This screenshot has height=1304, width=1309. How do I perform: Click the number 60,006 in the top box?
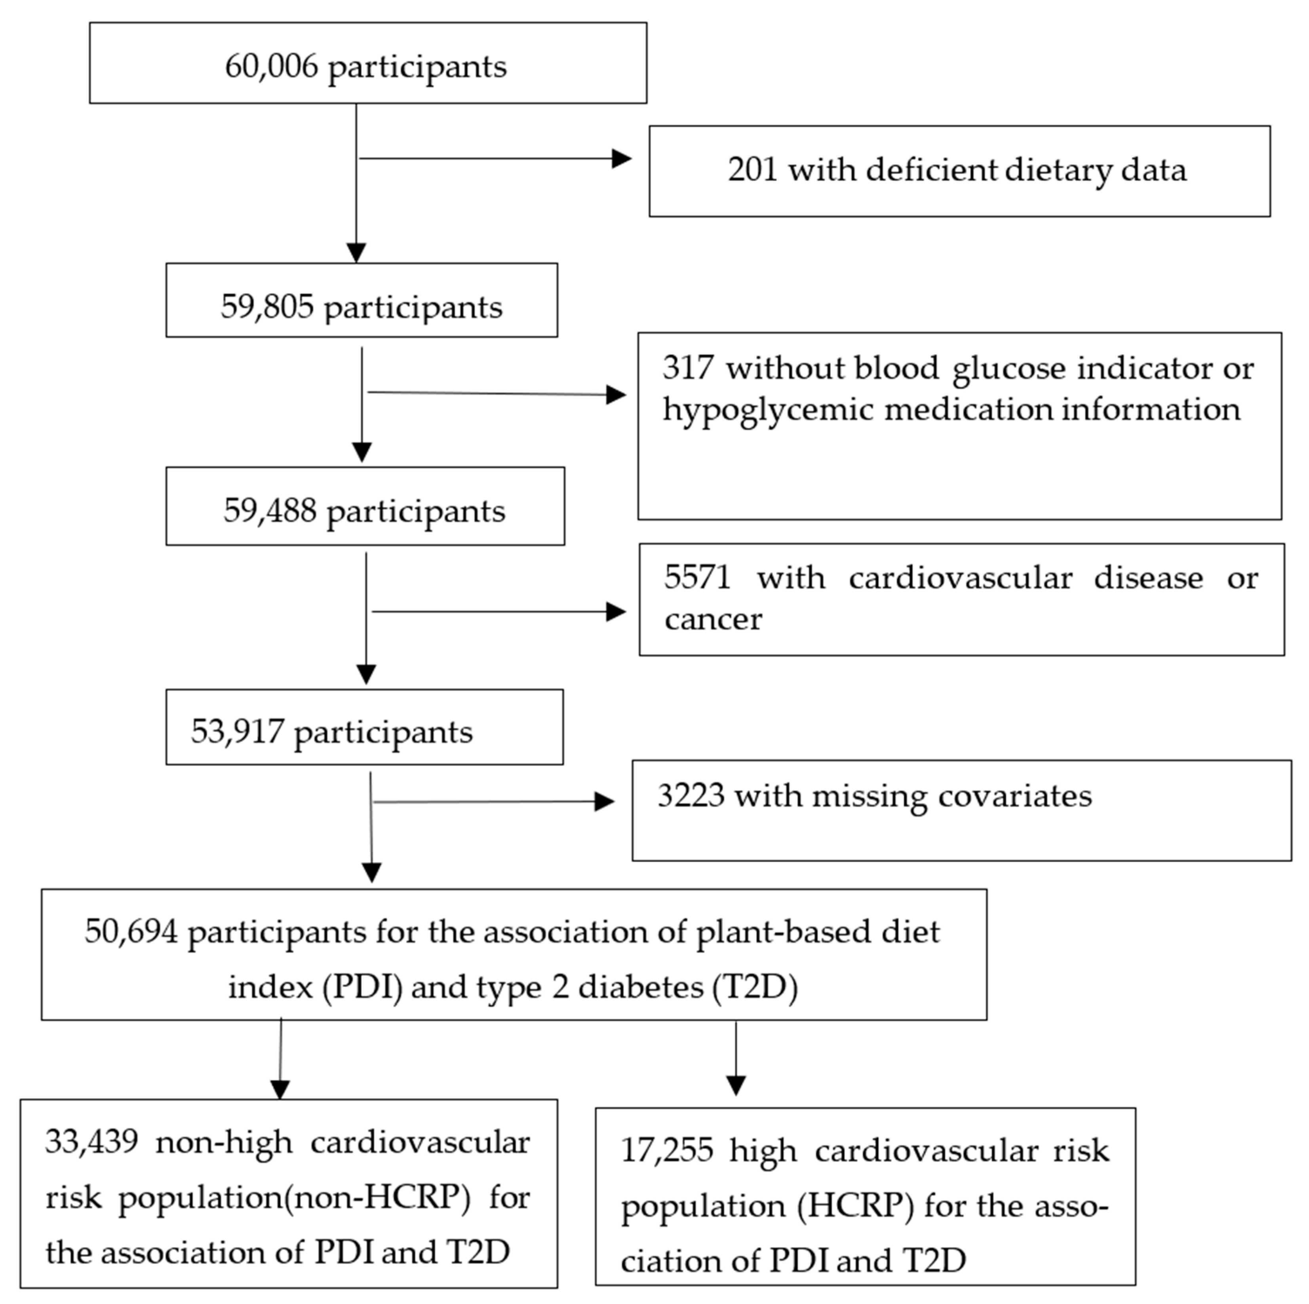click(x=271, y=67)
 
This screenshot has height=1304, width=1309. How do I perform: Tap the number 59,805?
click(x=267, y=307)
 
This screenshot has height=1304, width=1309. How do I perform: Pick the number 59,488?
click(x=270, y=510)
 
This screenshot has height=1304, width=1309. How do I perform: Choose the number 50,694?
click(x=131, y=932)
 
